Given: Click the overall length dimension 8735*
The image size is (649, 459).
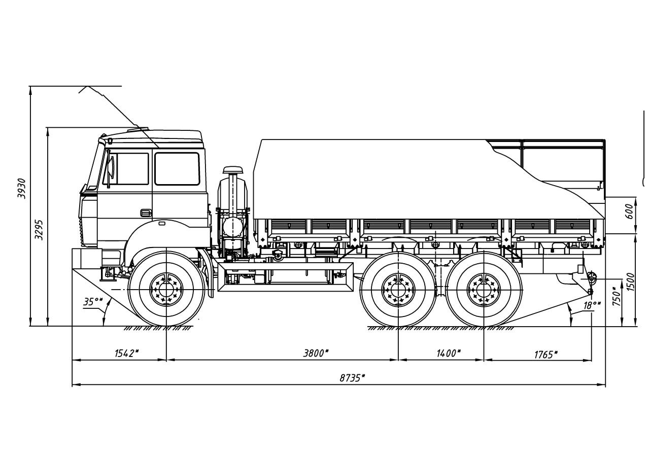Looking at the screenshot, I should pyautogui.click(x=352, y=378).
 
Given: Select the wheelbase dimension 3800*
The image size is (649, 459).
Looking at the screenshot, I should pyautogui.click(x=316, y=353).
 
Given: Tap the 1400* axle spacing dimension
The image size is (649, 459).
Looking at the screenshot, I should pyautogui.click(x=449, y=353).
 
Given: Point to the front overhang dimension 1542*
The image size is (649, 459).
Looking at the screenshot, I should pyautogui.click(x=126, y=353).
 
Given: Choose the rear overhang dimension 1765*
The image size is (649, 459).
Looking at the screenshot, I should pyautogui.click(x=545, y=354).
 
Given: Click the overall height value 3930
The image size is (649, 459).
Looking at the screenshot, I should pyautogui.click(x=22, y=188).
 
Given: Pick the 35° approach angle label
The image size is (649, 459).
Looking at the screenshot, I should pyautogui.click(x=93, y=302).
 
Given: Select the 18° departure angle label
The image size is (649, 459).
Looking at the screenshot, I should pyautogui.click(x=592, y=305).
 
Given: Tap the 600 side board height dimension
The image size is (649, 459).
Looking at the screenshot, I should pyautogui.click(x=629, y=210).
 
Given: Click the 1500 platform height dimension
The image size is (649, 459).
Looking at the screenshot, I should pyautogui.click(x=631, y=282).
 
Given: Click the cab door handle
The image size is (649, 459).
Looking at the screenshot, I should pyautogui.click(x=146, y=213).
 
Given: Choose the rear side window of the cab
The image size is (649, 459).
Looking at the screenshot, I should pyautogui.click(x=177, y=169).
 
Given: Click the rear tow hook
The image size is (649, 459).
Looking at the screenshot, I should pyautogui.click(x=591, y=277).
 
